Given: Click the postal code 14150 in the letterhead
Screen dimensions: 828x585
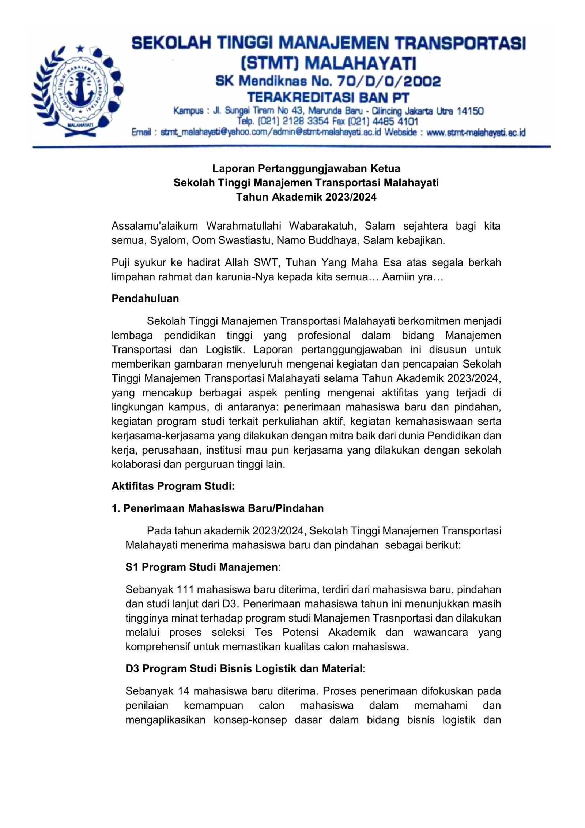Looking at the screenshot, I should pos(471,111).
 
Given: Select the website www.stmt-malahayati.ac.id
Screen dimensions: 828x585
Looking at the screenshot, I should pos(476,133).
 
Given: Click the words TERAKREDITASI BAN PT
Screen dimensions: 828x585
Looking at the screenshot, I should pos(328,98).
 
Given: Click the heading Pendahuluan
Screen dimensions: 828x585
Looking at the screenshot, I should pos(145,298).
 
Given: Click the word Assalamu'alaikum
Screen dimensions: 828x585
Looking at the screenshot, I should pos(155,226).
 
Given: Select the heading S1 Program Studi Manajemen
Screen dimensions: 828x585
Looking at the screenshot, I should pos(202,567).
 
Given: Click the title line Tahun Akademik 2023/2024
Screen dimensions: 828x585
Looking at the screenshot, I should pos(306,197).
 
